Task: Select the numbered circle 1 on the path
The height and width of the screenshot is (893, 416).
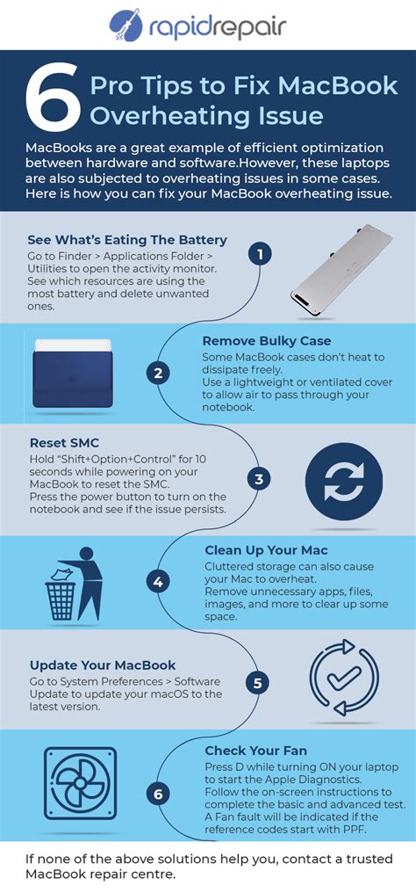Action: click(x=258, y=254)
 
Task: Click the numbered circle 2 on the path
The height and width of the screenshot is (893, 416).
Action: click(x=158, y=373)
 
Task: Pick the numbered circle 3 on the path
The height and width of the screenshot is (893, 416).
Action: click(x=258, y=479)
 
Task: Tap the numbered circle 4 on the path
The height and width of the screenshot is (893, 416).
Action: click(x=158, y=581)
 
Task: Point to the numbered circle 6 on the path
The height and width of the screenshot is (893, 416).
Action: click(x=158, y=795)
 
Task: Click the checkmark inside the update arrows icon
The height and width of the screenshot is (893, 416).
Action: click(x=343, y=679)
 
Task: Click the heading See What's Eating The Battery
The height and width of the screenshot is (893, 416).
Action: click(x=127, y=240)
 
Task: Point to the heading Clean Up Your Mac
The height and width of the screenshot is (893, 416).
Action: click(x=266, y=549)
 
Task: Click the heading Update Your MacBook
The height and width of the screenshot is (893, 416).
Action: click(x=103, y=664)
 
